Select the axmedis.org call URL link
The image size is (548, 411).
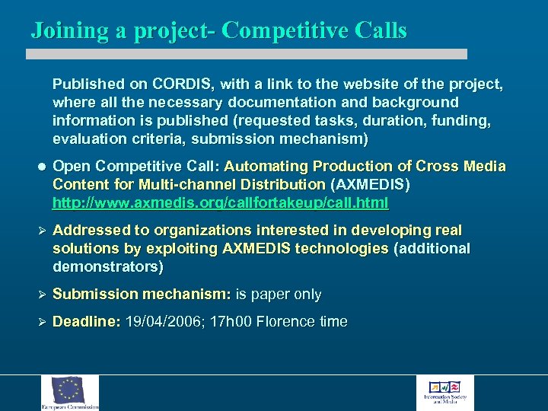220,202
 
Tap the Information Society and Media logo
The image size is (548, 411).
445,393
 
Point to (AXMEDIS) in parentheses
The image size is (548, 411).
371,185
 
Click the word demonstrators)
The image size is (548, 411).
108,267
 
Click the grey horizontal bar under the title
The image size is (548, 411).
247,54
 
